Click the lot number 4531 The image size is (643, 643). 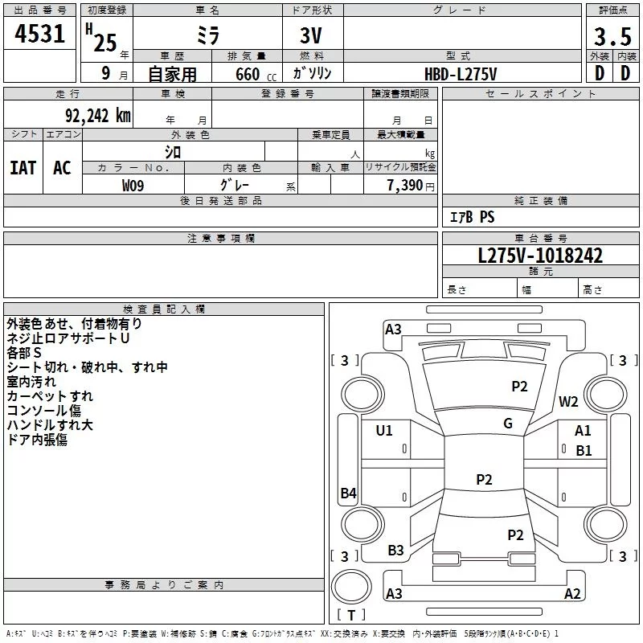pyautogui.click(x=39, y=34)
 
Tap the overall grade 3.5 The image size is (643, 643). pyautogui.click(x=612, y=36)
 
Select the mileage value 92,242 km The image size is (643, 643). pyautogui.click(x=98, y=116)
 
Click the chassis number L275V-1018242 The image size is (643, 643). pyautogui.click(x=540, y=256)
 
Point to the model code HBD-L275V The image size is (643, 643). pyautogui.click(x=461, y=74)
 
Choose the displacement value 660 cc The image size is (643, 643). pyautogui.click(x=256, y=75)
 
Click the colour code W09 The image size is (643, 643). pyautogui.click(x=133, y=186)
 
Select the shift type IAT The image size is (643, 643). pyautogui.click(x=23, y=168)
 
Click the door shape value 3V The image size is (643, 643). pyautogui.click(x=311, y=35)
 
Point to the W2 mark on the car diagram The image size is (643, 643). pyautogui.click(x=568, y=401)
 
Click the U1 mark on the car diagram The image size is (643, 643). pyautogui.click(x=384, y=431)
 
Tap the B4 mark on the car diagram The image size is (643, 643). pyautogui.click(x=349, y=493)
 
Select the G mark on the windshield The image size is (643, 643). pyautogui.click(x=508, y=424)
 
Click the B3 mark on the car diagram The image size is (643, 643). pyautogui.click(x=395, y=551)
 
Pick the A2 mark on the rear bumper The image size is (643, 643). pyautogui.click(x=572, y=593)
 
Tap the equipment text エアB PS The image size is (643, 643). pyautogui.click(x=473, y=217)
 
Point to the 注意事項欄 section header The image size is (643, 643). pyautogui.click(x=221, y=238)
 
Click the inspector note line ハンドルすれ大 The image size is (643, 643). pyautogui.click(x=50, y=425)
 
